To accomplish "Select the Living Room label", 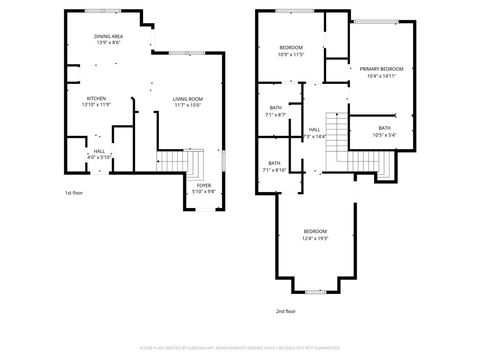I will (x=187, y=98).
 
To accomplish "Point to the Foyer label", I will (x=204, y=186).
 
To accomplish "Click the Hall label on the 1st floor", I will (x=99, y=152).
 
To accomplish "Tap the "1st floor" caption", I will (x=74, y=192).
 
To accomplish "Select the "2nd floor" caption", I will (x=286, y=311).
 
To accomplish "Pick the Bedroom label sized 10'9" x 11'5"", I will (x=291, y=47).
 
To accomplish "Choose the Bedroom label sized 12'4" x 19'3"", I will (x=316, y=232).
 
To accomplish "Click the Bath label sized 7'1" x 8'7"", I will (x=276, y=108).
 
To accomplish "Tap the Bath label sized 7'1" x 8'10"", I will (x=274, y=163).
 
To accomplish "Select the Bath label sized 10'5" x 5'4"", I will (x=385, y=128).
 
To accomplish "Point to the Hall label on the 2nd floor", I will (x=314, y=129).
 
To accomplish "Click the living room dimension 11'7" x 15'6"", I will (x=187, y=105).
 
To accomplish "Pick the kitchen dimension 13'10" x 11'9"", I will (x=96, y=105).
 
